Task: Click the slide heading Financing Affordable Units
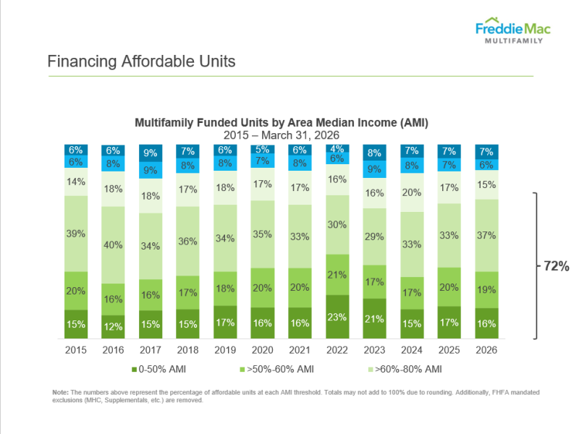click(x=141, y=61)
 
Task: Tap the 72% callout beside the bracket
click(x=557, y=266)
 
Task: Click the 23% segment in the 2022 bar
click(x=338, y=316)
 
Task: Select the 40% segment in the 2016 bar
click(x=112, y=244)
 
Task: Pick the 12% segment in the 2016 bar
click(x=112, y=326)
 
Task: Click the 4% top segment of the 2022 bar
click(x=338, y=149)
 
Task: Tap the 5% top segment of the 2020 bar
click(x=263, y=150)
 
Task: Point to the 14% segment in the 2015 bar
click(x=75, y=182)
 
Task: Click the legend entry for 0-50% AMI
click(x=160, y=370)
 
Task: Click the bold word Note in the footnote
click(x=60, y=391)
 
